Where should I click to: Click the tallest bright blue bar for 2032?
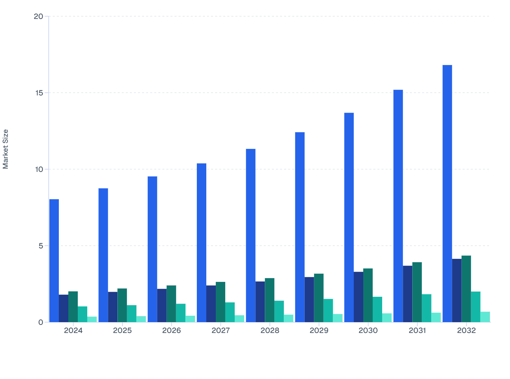click(x=447, y=193)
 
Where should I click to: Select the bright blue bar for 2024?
click(x=54, y=261)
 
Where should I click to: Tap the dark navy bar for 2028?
click(x=260, y=302)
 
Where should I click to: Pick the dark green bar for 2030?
click(x=368, y=295)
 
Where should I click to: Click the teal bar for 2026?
click(x=181, y=313)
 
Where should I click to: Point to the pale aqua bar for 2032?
click(x=485, y=317)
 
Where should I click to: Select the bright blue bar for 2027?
click(x=202, y=243)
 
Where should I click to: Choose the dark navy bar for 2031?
click(x=408, y=294)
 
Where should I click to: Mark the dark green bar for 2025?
click(x=122, y=305)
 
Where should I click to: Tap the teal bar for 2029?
click(x=328, y=310)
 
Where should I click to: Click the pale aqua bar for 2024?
click(x=92, y=319)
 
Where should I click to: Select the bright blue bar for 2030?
click(x=349, y=217)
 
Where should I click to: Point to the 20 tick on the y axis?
click(x=39, y=16)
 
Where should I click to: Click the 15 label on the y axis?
click(x=39, y=93)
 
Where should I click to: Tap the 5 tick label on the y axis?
click(x=41, y=246)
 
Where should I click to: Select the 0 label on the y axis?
click(x=41, y=322)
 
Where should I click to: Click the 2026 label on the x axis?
click(x=171, y=331)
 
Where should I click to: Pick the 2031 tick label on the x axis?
click(x=417, y=331)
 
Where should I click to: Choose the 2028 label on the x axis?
click(x=270, y=331)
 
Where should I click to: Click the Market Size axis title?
click(x=6, y=149)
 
